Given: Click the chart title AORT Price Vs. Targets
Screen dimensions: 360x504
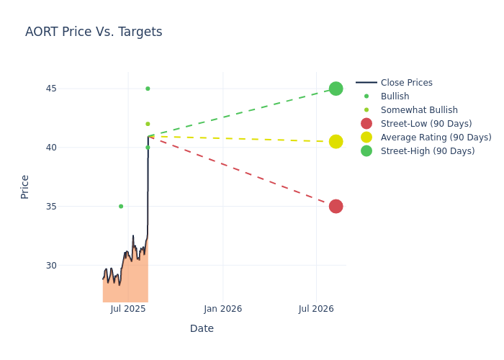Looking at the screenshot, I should coord(94,32).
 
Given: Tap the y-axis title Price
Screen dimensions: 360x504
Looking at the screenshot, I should coord(24,186).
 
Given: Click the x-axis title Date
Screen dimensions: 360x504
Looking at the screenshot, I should coord(202,328).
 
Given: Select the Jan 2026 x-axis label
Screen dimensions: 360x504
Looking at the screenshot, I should coord(222,309).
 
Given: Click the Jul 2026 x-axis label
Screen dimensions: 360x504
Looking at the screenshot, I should coord(316,309).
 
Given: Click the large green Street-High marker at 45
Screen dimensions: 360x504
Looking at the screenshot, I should coord(336,89).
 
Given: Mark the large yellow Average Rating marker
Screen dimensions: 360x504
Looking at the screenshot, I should coord(336,142).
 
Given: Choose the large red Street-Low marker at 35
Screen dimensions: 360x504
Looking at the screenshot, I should coord(336,206).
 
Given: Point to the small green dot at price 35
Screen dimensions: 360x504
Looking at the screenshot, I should coord(121,206).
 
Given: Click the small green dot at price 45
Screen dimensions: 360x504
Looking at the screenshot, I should coord(148,89).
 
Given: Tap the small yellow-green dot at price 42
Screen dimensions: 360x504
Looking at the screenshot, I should coord(148,124).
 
